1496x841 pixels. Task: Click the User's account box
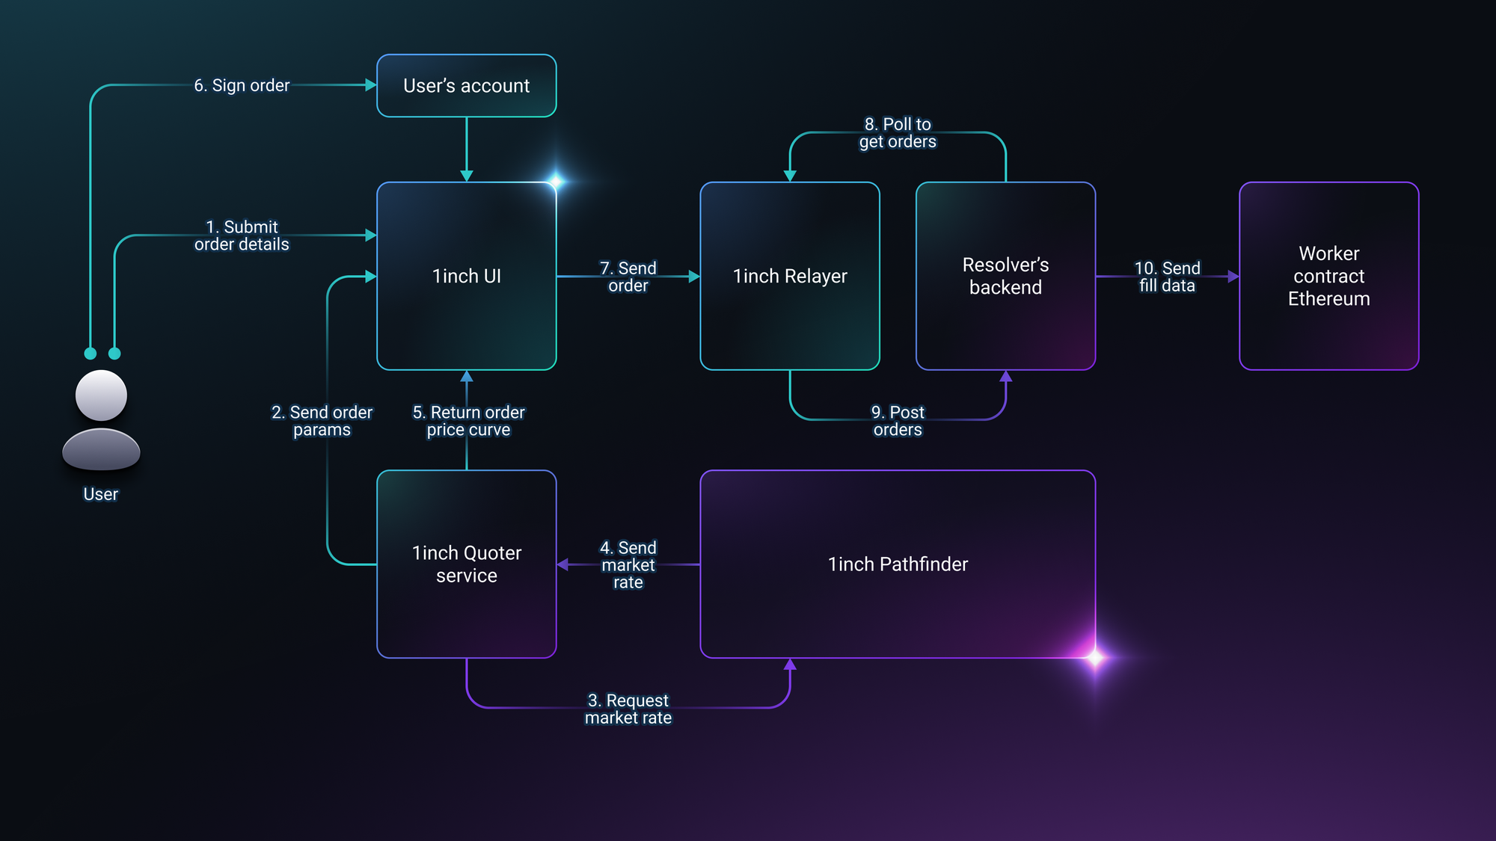[467, 85]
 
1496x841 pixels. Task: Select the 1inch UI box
[467, 276]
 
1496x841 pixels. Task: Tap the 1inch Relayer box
[790, 276]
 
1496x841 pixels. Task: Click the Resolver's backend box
[1006, 276]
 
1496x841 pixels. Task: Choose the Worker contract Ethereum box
[1329, 276]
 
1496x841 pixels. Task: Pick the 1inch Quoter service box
[467, 564]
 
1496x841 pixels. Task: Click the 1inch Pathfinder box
[898, 564]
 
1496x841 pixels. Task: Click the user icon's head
[101, 395]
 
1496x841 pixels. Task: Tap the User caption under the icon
[101, 494]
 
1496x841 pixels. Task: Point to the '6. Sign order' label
[242, 86]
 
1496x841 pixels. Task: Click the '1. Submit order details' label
[242, 235]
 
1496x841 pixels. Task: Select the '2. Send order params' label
[322, 421]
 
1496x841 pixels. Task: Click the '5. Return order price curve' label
[469, 421]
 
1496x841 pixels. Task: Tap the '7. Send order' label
[628, 277]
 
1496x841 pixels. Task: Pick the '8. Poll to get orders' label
[898, 133]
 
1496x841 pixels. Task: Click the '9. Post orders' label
[898, 421]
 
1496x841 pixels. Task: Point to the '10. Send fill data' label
[1167, 277]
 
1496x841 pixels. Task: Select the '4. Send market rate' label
[628, 565]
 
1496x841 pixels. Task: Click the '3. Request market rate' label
[628, 709]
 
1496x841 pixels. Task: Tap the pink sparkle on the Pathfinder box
[1095, 658]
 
